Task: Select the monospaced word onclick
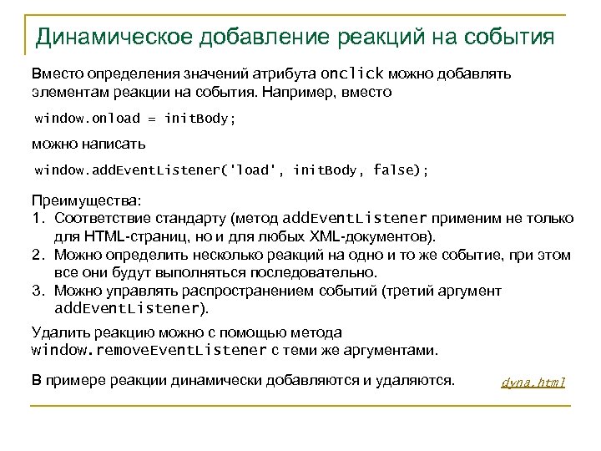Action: pyautogui.click(x=355, y=73)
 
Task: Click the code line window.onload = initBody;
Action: pyautogui.click(x=134, y=118)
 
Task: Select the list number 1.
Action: pyautogui.click(x=36, y=218)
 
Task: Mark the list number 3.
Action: pyautogui.click(x=36, y=291)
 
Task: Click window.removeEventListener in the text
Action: pyautogui.click(x=149, y=350)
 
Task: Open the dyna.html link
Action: pyautogui.click(x=533, y=383)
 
